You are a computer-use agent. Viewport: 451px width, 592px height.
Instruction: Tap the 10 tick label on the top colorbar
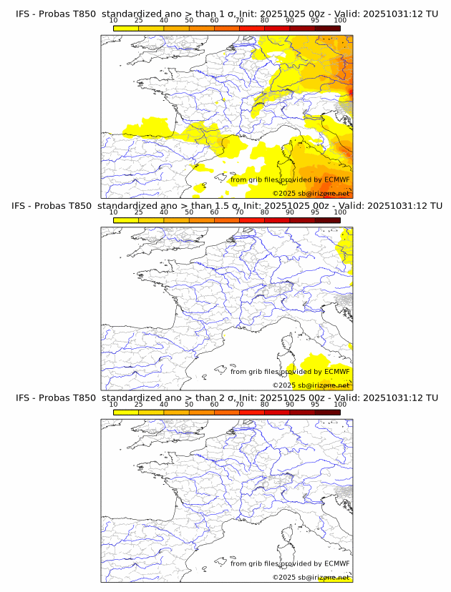tap(114, 21)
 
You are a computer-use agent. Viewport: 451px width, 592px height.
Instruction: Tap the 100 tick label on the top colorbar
tap(339, 21)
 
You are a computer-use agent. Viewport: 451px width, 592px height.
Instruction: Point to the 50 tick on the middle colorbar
tap(189, 212)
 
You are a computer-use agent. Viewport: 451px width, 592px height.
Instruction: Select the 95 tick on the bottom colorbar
tap(315, 404)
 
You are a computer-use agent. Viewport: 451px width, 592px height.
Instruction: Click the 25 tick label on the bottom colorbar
tap(139, 404)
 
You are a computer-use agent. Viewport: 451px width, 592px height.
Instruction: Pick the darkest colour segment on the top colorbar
tap(327, 28)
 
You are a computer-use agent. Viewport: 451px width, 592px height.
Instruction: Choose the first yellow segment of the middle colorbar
tap(126, 220)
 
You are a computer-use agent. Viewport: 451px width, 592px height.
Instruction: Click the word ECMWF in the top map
tap(337, 179)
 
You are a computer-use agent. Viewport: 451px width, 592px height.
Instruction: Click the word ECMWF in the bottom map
tap(337, 563)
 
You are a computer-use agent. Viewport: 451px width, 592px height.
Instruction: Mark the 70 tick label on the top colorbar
tap(239, 21)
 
